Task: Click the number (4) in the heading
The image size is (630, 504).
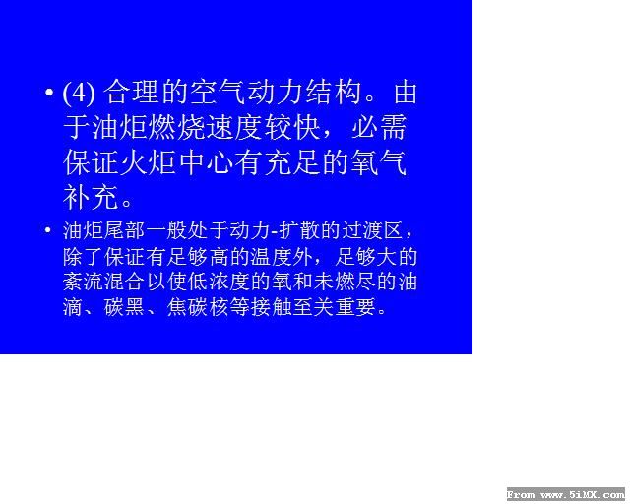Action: [x=79, y=93]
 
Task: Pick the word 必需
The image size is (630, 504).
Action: [x=379, y=128]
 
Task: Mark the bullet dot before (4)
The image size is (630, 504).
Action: [x=49, y=93]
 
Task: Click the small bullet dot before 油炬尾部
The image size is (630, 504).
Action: [x=48, y=230]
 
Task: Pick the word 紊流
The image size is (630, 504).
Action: [x=83, y=283]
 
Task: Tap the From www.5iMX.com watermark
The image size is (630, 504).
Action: [x=566, y=494]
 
